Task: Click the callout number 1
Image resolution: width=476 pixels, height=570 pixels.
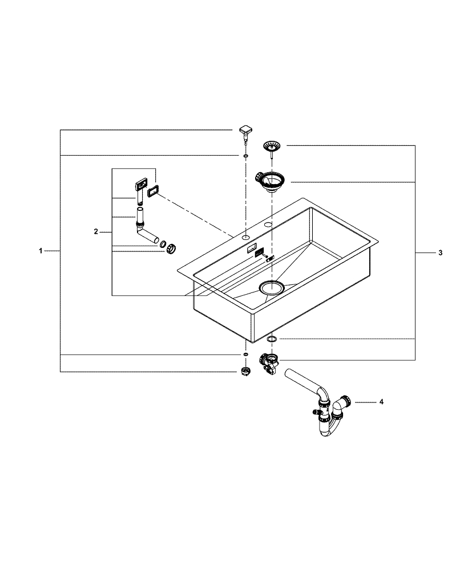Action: point(41,251)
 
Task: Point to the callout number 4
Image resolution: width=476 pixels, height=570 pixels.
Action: point(381,402)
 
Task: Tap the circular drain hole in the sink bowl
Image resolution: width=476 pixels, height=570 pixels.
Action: point(272,287)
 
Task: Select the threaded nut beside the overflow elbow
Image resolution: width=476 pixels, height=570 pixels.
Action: point(171,249)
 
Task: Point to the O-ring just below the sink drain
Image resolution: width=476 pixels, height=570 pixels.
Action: point(272,340)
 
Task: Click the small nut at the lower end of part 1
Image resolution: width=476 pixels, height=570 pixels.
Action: point(245,373)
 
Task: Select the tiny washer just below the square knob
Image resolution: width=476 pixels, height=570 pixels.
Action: point(245,155)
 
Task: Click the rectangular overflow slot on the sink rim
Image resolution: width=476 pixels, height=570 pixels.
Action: point(251,249)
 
